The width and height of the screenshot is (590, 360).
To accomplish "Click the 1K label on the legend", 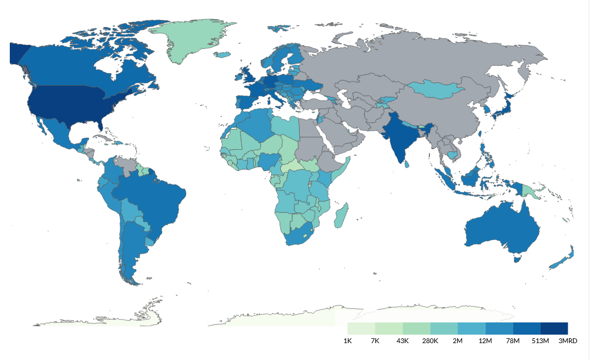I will click(x=347, y=341).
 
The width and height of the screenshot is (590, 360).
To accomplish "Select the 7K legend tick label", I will click(x=375, y=341).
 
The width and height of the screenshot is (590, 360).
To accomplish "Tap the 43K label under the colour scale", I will click(x=402, y=341).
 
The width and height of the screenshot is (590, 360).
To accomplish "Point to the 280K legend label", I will click(x=430, y=341).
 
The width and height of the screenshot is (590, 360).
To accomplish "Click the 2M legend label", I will click(x=458, y=341).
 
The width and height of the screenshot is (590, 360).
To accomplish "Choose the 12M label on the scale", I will click(x=485, y=341).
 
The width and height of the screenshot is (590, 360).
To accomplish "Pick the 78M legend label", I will click(x=513, y=341).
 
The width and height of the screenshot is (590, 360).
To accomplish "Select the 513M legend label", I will click(x=540, y=341).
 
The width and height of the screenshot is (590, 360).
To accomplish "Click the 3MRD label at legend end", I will click(x=567, y=341).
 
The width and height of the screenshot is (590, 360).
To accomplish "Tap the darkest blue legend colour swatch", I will click(x=554, y=328).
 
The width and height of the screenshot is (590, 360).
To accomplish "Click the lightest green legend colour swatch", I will click(x=361, y=328).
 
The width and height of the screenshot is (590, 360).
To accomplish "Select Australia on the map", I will click(x=501, y=229).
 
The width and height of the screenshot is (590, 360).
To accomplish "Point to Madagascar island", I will click(x=341, y=216).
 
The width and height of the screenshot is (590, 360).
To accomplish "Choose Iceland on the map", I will click(x=223, y=54).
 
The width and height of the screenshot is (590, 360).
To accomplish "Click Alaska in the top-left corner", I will click(x=18, y=53).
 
